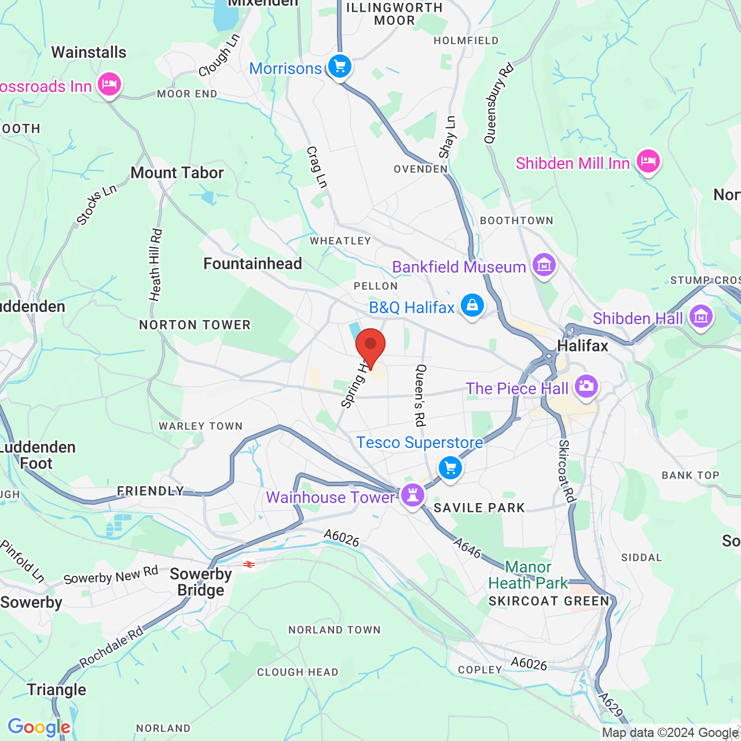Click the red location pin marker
pos(370,345)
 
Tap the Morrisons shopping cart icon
pos(340,66)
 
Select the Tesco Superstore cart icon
pos(450,467)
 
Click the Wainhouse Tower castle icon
pos(413,495)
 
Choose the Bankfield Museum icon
pos(544,265)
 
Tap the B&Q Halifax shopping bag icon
pos(472,305)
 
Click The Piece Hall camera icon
pos(586,386)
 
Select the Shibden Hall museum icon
pos(701,316)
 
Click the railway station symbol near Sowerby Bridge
pos(249,564)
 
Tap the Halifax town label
pos(582,346)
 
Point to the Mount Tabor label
pos(177,173)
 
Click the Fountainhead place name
pos(253,263)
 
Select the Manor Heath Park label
pos(528,575)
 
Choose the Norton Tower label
pos(195,325)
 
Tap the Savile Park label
pos(479,508)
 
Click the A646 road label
pos(467,548)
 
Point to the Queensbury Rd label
pos(498,104)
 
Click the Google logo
pos(39,727)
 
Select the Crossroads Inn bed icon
pos(109,85)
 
